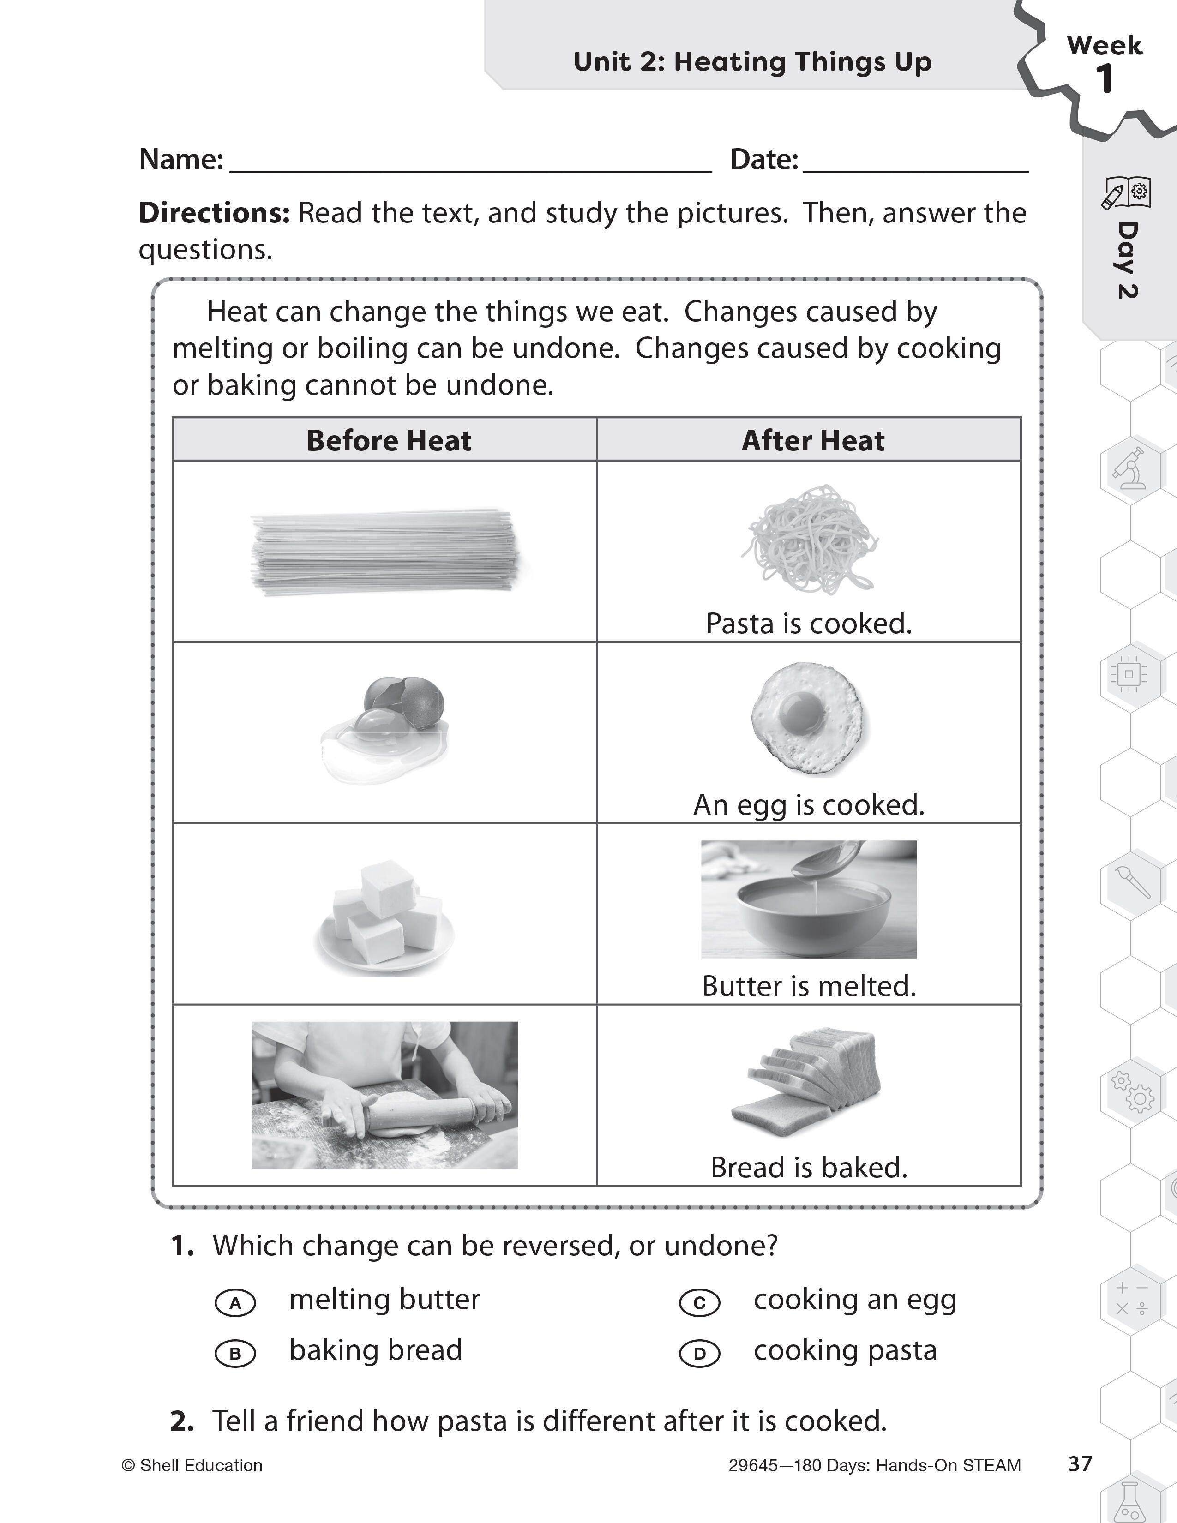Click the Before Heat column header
(x=388, y=441)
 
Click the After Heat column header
(x=813, y=441)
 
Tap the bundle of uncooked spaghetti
(x=385, y=552)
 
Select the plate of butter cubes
(x=385, y=917)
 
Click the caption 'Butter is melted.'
(x=809, y=986)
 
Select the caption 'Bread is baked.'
(x=809, y=1167)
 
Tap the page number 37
(x=1080, y=1464)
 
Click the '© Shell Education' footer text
(x=192, y=1466)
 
